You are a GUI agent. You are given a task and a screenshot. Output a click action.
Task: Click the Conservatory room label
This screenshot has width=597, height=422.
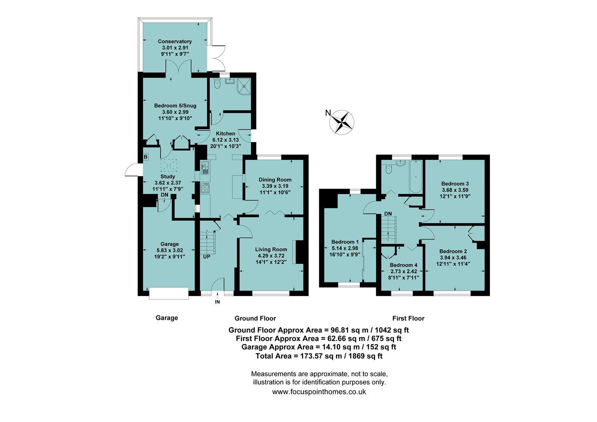[x=175, y=41]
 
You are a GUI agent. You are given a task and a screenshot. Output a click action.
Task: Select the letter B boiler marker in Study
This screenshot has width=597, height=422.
[x=146, y=157]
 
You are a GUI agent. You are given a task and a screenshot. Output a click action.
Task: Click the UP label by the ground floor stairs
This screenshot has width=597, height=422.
[x=206, y=257]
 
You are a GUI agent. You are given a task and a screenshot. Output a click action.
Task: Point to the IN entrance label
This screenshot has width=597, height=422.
[x=217, y=302]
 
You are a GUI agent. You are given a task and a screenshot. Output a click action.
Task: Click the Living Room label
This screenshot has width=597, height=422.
[x=271, y=249]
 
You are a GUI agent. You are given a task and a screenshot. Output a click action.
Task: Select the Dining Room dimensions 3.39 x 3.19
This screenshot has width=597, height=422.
[x=275, y=186]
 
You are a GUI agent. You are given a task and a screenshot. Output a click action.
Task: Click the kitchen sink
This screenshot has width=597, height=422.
[x=205, y=168]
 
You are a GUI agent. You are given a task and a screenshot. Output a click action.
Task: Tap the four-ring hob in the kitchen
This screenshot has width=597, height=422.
[x=205, y=188]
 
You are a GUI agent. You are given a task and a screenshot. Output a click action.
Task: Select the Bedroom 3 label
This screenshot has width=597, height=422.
[x=455, y=184]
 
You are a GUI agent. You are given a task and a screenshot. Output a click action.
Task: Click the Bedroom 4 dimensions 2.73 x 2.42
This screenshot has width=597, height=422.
[x=404, y=271]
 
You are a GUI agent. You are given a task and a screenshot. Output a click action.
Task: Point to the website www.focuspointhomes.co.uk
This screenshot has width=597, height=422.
[x=319, y=392]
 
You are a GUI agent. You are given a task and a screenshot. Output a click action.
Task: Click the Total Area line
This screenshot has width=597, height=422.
[x=319, y=356]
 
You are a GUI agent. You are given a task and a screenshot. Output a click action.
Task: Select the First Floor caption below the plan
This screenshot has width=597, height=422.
[x=408, y=318]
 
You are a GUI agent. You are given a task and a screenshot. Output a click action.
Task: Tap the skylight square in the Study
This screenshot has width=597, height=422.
[x=169, y=166]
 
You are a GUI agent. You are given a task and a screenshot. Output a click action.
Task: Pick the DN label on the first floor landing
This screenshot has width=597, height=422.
[x=388, y=214]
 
